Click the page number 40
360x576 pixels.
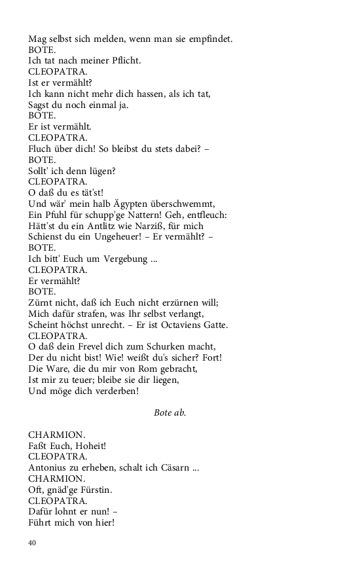pyautogui.click(x=32, y=543)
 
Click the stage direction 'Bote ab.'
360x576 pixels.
pyautogui.click(x=170, y=412)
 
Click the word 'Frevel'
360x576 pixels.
pyautogui.click(x=79, y=347)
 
